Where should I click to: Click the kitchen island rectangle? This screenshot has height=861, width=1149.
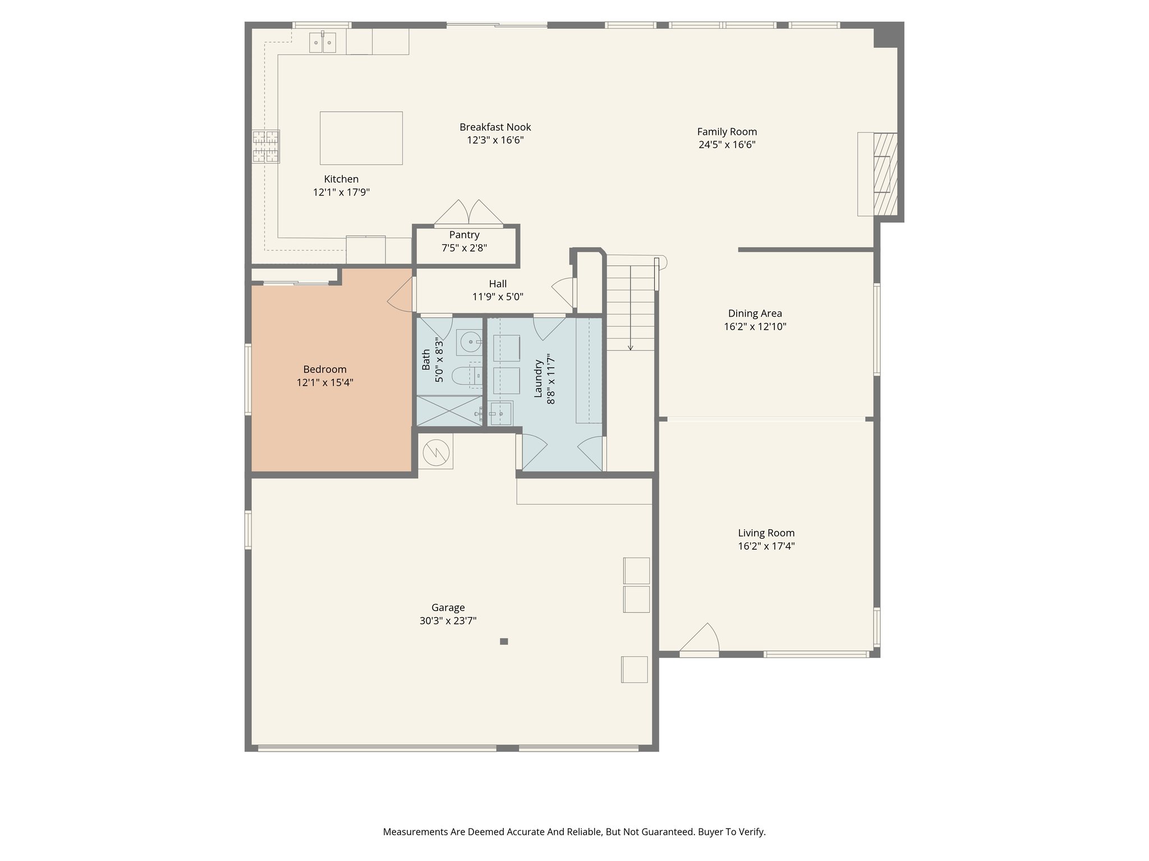(x=361, y=138)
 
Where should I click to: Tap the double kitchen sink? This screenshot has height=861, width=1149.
(x=323, y=43)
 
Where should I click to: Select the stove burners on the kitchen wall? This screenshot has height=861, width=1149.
(x=266, y=147)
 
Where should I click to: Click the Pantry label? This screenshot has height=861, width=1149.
(x=464, y=235)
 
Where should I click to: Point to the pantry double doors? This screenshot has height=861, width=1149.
(x=469, y=214)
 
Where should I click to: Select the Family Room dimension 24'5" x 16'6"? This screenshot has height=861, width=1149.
(x=727, y=145)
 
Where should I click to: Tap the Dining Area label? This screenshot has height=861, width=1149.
(x=755, y=313)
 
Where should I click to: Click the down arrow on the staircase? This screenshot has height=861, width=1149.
(x=631, y=347)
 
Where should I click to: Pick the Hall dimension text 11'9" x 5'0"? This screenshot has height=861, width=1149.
(x=498, y=297)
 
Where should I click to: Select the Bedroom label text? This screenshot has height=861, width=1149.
(x=325, y=369)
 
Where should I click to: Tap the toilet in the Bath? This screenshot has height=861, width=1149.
(x=467, y=376)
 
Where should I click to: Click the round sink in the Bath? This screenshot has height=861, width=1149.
(x=469, y=341)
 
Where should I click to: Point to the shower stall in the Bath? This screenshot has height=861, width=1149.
(x=449, y=411)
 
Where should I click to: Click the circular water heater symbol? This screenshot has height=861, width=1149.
(x=436, y=452)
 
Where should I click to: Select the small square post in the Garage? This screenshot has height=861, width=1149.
(x=504, y=641)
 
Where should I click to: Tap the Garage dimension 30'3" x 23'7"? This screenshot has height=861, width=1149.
(x=448, y=621)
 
